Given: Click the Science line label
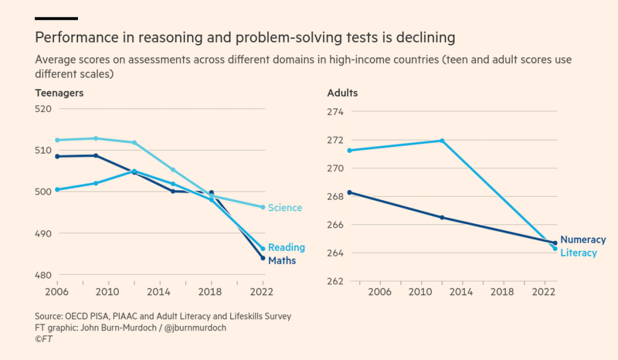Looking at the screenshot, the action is click(x=285, y=208).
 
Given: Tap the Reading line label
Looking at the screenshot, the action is click(x=286, y=248).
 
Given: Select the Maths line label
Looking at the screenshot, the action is click(x=282, y=261).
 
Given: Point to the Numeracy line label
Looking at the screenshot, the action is click(x=583, y=240).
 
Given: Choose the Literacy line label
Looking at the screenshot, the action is click(x=578, y=253).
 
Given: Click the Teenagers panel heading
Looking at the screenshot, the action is click(x=59, y=93).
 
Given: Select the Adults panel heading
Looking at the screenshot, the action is click(x=342, y=93).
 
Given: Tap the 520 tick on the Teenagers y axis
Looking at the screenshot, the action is click(x=43, y=109).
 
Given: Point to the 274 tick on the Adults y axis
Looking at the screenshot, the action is click(x=335, y=112).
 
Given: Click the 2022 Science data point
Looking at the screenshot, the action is click(x=263, y=207).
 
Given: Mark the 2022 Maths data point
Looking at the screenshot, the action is click(x=263, y=258).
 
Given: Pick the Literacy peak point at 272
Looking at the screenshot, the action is click(x=442, y=141).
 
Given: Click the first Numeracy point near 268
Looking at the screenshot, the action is click(x=350, y=192).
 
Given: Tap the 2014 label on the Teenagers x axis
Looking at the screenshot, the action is click(x=159, y=292).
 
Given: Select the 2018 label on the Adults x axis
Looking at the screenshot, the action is click(x=502, y=292).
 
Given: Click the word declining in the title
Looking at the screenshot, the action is click(x=426, y=38).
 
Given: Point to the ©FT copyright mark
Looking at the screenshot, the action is click(x=43, y=339).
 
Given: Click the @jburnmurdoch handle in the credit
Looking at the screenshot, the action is click(x=195, y=328).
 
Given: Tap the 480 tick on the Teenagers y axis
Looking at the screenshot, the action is click(x=43, y=275).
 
